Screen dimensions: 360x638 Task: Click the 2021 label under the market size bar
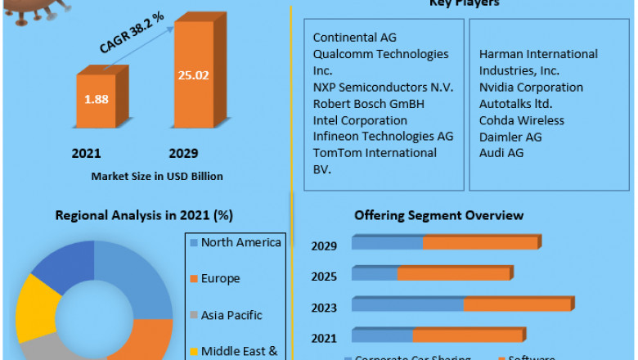point(86,153)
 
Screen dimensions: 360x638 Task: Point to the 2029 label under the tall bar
point(183,153)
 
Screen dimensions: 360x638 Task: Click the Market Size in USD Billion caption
point(157,176)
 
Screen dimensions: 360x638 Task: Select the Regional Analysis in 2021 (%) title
point(144,216)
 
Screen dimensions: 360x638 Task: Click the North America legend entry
point(240,242)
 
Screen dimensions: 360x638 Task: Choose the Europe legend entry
point(220,278)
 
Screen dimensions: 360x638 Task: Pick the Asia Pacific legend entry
point(231,315)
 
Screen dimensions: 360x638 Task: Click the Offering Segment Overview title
point(438,215)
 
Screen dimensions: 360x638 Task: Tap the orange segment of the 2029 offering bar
point(480,243)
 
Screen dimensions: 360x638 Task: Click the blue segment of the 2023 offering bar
point(407,304)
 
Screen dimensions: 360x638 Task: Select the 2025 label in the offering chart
point(325,276)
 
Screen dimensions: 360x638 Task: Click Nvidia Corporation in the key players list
point(531,87)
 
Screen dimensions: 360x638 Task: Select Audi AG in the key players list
point(501,152)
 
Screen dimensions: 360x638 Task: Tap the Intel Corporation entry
point(360,119)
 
